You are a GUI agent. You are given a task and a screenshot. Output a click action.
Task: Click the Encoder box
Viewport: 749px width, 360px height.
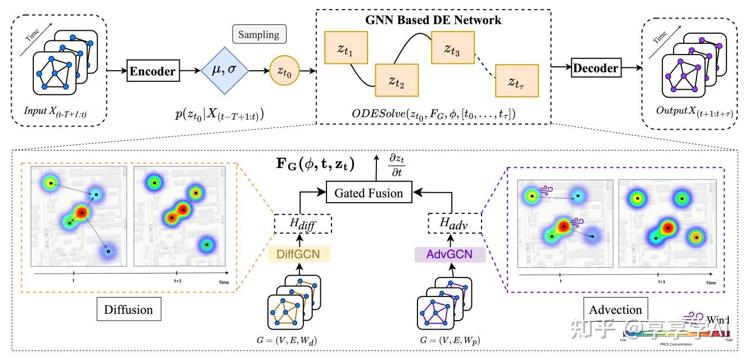(x=153, y=72)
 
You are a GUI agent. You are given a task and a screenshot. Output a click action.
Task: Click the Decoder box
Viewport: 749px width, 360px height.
(x=595, y=69)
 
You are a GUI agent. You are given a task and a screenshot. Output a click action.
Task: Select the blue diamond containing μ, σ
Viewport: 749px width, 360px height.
(x=225, y=72)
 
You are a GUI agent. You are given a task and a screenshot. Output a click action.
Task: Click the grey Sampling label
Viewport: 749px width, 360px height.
(x=259, y=34)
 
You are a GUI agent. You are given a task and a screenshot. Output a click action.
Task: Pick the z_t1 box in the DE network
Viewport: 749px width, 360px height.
(x=345, y=48)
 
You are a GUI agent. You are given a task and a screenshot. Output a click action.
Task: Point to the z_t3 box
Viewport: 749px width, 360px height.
(x=452, y=48)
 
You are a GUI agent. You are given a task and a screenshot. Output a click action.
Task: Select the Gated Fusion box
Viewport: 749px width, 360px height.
(x=369, y=193)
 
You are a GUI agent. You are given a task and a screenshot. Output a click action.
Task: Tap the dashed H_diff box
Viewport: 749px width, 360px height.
(x=303, y=225)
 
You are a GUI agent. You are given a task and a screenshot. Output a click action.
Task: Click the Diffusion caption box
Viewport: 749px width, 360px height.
(x=128, y=309)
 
